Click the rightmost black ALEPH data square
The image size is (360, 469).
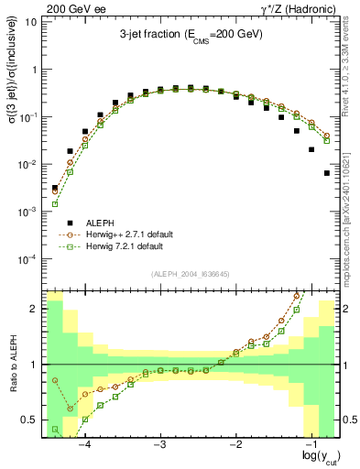[x=327, y=172]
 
